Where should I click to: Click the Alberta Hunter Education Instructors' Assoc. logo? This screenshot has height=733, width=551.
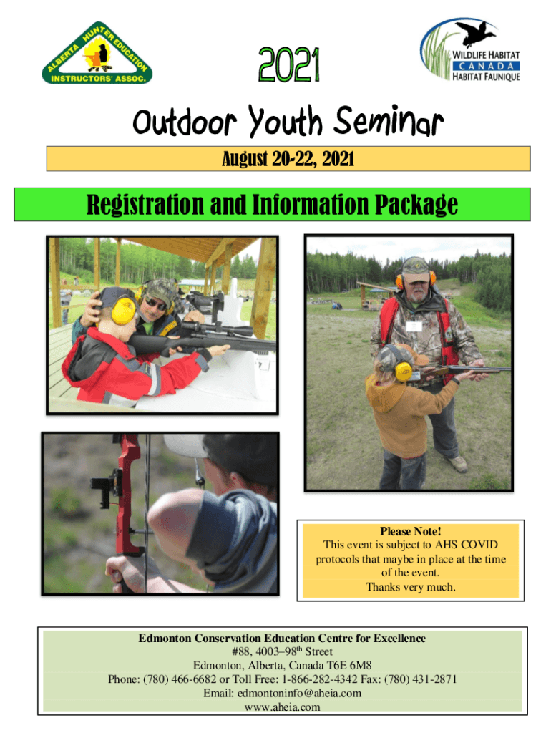click(x=97, y=53)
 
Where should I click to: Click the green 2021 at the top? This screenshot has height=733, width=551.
click(x=289, y=64)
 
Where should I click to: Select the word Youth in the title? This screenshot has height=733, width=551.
click(x=285, y=121)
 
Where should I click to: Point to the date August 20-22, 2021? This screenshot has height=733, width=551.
click(x=288, y=159)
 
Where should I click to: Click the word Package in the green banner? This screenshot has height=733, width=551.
click(x=416, y=205)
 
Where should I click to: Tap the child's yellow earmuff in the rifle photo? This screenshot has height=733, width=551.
click(x=123, y=311)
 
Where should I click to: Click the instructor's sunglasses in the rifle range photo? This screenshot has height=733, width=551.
click(x=155, y=304)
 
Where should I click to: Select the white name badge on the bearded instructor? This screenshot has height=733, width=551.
click(x=414, y=326)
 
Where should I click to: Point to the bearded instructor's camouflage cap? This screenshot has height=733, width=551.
click(x=416, y=270)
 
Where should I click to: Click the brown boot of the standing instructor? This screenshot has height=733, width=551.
click(x=457, y=463)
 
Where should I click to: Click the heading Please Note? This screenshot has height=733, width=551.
click(x=410, y=531)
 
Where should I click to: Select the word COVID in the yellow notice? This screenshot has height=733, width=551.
click(x=479, y=545)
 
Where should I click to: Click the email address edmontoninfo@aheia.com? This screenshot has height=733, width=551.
click(x=299, y=693)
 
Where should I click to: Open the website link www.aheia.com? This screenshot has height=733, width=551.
click(x=282, y=707)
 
